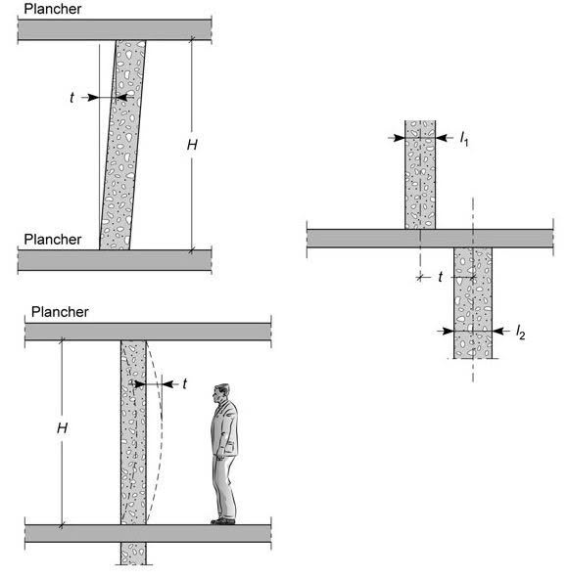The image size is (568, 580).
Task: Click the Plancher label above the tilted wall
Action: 53,9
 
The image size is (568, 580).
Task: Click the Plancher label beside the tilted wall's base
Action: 53,240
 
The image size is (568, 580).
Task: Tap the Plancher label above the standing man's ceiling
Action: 60,312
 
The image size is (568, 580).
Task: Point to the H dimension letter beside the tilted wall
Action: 192,145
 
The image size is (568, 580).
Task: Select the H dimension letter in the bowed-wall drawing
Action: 63,428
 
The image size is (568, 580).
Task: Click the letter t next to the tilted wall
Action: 71,97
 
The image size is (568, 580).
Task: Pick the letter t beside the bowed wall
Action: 185,383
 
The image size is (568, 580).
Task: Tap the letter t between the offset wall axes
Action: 441,277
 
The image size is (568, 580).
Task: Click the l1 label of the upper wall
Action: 464,139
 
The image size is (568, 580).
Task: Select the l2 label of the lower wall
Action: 520,332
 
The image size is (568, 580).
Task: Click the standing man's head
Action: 221,393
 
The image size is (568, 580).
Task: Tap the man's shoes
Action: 223,520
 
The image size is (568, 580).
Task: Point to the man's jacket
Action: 224,429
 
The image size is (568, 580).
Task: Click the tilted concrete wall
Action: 122,145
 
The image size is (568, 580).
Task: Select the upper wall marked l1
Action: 420,175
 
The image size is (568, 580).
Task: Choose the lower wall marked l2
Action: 473,303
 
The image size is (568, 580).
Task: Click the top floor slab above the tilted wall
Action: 115,29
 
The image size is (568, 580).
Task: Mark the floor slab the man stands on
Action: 148,533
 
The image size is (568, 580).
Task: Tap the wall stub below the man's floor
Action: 133,554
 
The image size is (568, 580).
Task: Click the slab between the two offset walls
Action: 430,239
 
